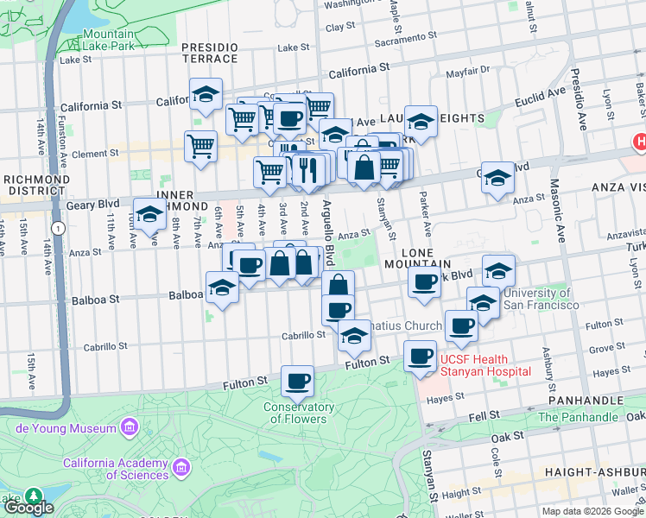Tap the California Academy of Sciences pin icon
point(180,468)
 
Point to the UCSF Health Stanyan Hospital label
point(484,365)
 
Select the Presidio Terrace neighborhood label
point(209,52)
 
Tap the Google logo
point(28,508)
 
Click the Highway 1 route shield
point(57,228)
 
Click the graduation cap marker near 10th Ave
point(150,217)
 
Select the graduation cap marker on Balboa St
point(223,289)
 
